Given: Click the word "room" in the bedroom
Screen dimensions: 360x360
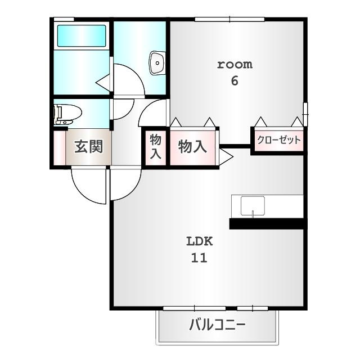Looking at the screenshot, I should (x=235, y=64).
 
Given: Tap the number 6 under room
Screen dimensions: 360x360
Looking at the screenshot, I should (x=235, y=80).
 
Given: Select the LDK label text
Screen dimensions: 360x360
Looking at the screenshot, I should (x=200, y=242).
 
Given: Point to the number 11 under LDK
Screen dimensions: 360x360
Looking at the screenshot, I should (x=199, y=258).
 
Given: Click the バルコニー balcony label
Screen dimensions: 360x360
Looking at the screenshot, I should (x=217, y=326).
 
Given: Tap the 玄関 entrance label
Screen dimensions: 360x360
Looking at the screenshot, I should (x=89, y=147).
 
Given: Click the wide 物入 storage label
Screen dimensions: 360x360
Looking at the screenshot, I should (x=192, y=147).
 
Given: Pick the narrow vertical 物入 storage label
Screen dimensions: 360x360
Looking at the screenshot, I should (x=156, y=147).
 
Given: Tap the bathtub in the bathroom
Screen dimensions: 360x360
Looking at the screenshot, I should (x=81, y=37).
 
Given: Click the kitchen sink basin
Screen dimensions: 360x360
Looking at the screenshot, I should (x=253, y=206).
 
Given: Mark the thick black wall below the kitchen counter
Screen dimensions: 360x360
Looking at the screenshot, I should (x=268, y=223).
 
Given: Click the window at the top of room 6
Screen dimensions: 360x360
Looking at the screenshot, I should (x=229, y=20).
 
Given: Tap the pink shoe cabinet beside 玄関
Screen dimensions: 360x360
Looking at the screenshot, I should (x=59, y=147).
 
